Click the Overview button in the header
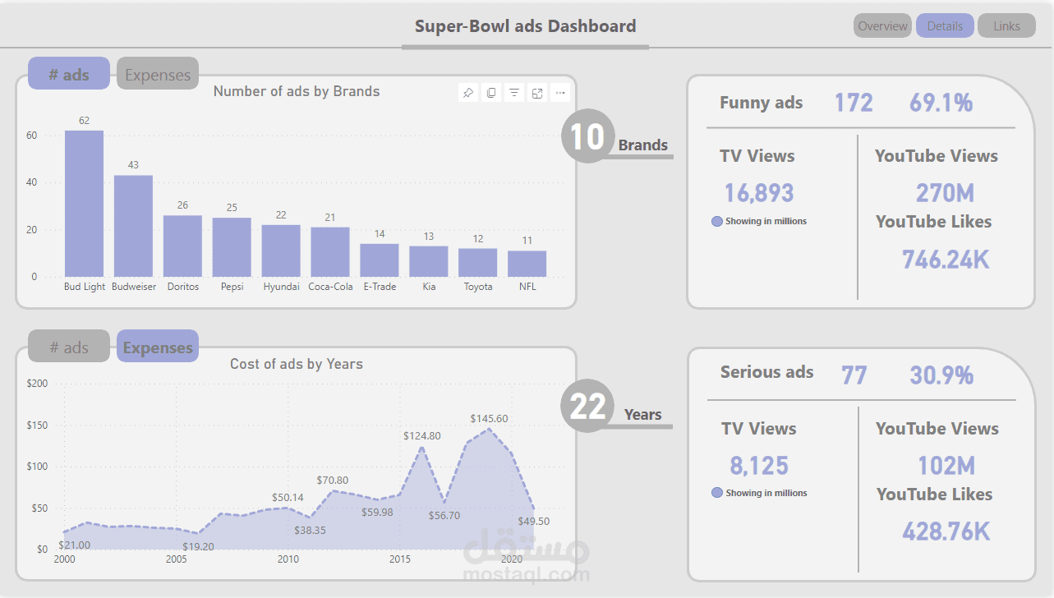[x=882, y=26]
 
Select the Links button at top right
[x=1006, y=26]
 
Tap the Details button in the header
[x=945, y=26]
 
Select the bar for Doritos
[x=182, y=246]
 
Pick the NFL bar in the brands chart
[x=527, y=264]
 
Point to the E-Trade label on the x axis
[x=380, y=287]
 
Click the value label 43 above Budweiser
[x=133, y=165]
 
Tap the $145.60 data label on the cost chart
[x=489, y=418]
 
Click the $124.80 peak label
[x=421, y=436]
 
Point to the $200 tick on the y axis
[x=37, y=384]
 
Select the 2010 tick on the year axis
[x=288, y=559]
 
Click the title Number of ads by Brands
[x=297, y=91]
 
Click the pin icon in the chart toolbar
[x=468, y=93]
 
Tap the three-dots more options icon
[x=560, y=93]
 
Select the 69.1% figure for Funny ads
[x=941, y=103]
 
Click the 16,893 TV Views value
[x=758, y=193]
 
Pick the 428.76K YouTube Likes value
[x=946, y=531]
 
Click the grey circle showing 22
[x=587, y=406]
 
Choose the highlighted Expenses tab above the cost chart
[x=158, y=347]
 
